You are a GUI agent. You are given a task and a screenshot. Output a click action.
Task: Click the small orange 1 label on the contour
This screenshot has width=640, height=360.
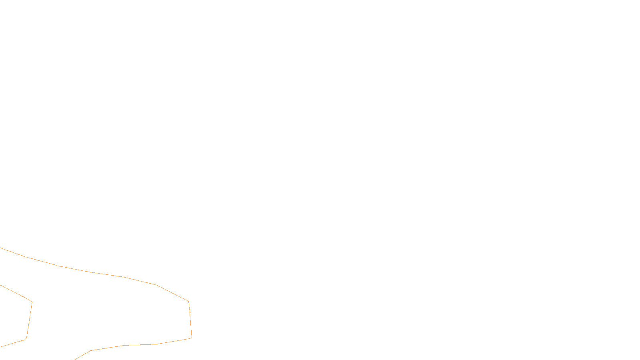tap(190, 310)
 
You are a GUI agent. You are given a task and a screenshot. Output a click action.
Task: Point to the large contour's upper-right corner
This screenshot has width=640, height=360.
tap(188, 301)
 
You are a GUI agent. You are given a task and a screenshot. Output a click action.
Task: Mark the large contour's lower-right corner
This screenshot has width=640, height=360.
tap(192, 337)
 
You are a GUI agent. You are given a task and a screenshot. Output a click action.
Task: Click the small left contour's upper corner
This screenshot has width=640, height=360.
tap(32, 302)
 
